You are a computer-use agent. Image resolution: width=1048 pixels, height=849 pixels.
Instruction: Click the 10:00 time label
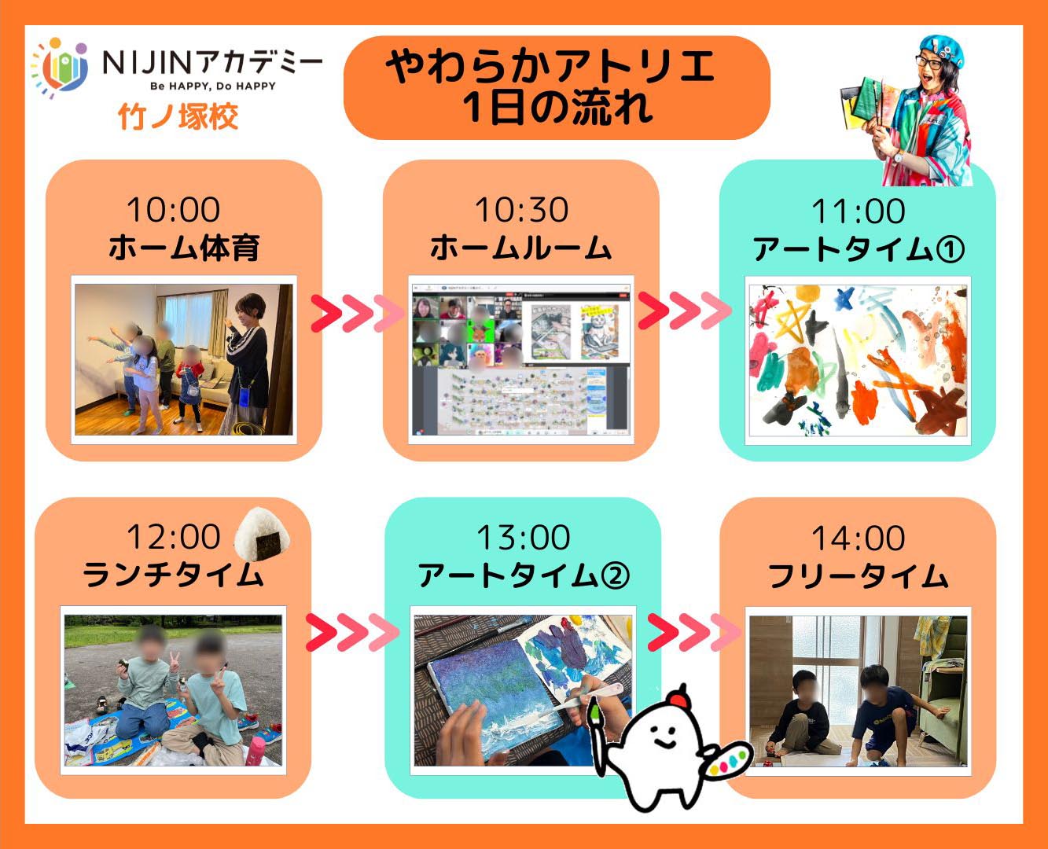[173, 210]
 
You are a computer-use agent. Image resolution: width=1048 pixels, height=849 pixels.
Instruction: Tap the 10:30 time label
[521, 210]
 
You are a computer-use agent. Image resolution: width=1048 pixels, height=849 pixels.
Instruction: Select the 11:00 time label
[858, 211]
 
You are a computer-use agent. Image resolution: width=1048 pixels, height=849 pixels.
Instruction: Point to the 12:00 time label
[173, 537]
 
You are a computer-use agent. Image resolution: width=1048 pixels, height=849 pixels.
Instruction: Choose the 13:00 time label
[524, 537]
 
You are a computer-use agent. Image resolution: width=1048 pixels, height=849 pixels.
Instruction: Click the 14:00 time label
[858, 538]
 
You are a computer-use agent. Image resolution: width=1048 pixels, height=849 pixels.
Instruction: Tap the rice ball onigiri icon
[262, 535]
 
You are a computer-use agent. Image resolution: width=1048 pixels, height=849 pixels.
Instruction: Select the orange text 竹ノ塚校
[178, 117]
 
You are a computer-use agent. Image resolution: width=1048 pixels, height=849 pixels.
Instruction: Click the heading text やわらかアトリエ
[550, 67]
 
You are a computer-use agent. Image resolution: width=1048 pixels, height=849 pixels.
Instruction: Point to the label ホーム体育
[184, 248]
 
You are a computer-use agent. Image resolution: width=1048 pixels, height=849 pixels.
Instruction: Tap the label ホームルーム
[521, 248]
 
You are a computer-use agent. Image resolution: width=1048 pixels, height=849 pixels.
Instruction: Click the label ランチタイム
[173, 575]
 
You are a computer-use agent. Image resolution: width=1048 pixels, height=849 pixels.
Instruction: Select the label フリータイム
[858, 575]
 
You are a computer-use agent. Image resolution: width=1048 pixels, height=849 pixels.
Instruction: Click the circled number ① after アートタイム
[949, 249]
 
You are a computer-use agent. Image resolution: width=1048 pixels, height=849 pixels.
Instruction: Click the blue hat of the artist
[941, 50]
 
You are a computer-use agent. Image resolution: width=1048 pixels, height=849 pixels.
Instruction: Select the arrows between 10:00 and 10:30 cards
[357, 313]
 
